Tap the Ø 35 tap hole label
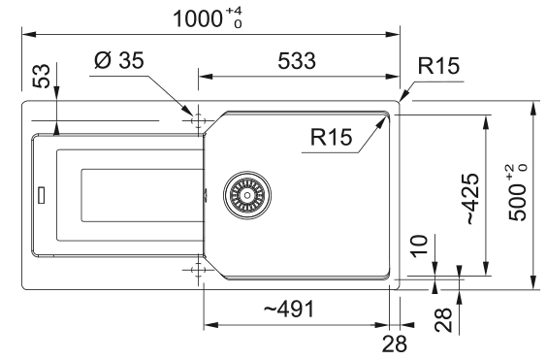coord(119,60)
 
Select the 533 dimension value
coord(297,61)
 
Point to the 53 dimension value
coord(41,76)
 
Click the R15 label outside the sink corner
coord(438,65)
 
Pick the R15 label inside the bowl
coord(331,137)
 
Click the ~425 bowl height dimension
coord(472,199)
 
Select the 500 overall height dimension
coord(517,193)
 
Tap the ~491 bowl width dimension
coord(289,309)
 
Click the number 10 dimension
coord(419,246)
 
